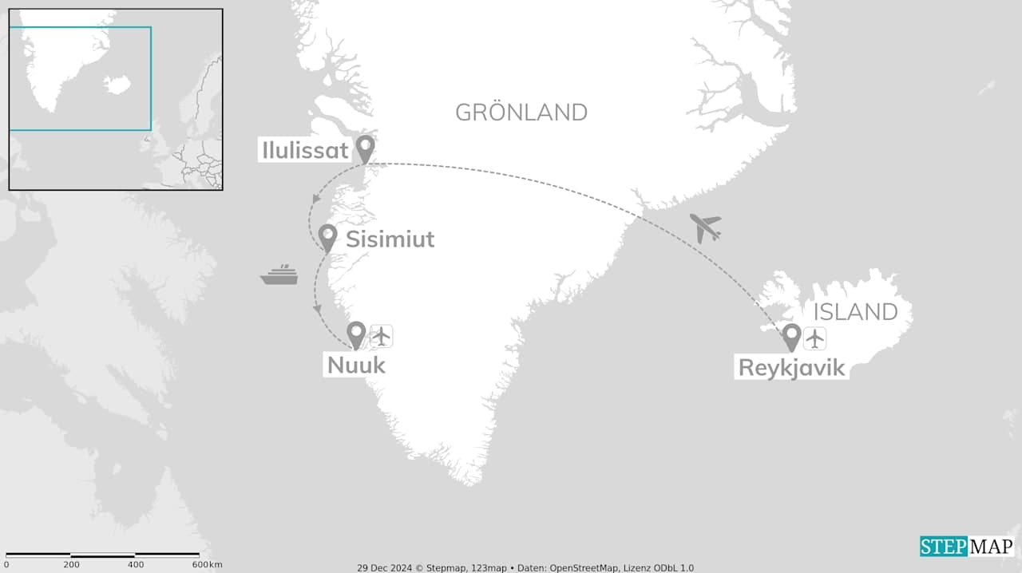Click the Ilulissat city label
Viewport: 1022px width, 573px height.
[x=304, y=150]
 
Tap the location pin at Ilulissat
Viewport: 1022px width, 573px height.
[x=365, y=147]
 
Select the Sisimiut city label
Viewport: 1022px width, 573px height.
[x=390, y=239]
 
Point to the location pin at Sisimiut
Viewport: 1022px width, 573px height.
[x=327, y=236]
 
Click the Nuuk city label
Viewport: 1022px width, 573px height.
[x=356, y=366]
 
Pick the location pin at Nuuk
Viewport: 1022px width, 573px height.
[x=356, y=334]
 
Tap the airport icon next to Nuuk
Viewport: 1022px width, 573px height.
[x=382, y=336]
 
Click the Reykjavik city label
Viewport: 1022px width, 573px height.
[x=790, y=368]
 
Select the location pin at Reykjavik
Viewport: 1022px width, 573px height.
[x=791, y=335]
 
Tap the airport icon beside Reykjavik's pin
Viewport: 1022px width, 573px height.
[x=814, y=338]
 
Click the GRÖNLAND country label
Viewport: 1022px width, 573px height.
[x=521, y=113]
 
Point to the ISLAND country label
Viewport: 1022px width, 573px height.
[x=855, y=311]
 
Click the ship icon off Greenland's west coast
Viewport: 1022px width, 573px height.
[x=279, y=275]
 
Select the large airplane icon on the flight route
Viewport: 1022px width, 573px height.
[x=705, y=227]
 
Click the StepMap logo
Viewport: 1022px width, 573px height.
[x=967, y=547]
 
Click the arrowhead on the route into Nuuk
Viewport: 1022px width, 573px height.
[x=318, y=308]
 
